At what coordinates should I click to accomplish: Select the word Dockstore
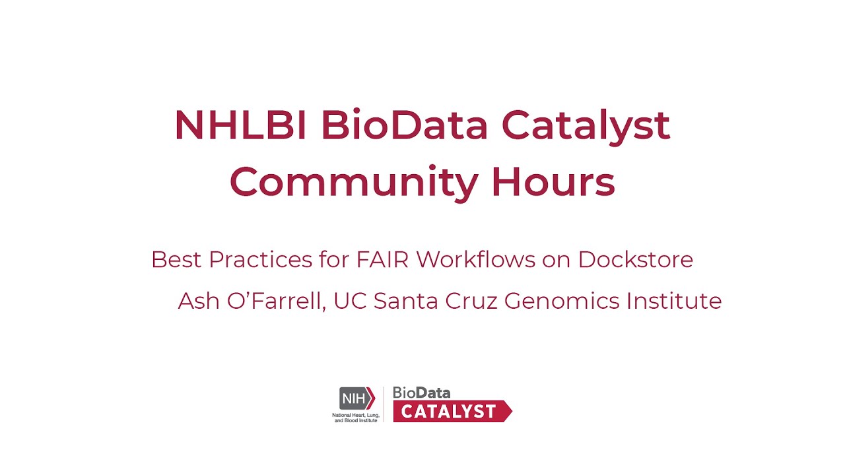635,259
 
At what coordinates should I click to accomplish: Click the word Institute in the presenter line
674,301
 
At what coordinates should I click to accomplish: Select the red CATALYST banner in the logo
451,411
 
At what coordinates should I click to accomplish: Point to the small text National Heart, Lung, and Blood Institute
355,417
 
